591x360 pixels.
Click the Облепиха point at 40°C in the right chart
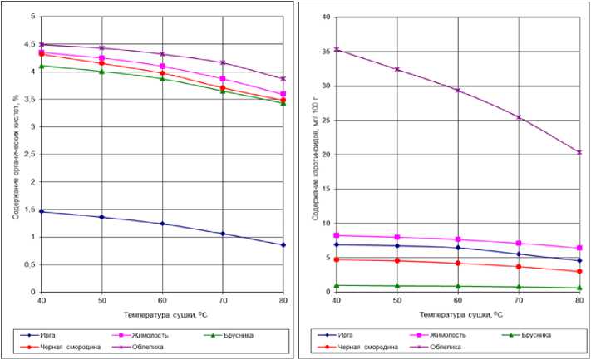coord(337,50)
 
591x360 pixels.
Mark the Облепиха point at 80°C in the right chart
coord(579,152)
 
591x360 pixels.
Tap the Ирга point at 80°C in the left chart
coord(283,244)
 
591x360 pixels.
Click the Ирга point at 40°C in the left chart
coord(40,211)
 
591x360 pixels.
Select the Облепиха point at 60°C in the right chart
coord(458,90)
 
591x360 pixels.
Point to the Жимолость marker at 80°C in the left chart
coord(283,94)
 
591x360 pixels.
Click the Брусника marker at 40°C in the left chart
coord(40,66)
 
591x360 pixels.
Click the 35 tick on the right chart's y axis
coord(326,51)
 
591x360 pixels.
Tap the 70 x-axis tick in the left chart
coord(223,300)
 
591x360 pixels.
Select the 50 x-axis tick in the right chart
coord(397,300)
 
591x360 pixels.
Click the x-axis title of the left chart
coord(162,316)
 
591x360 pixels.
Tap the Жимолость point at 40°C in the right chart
coord(337,235)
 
